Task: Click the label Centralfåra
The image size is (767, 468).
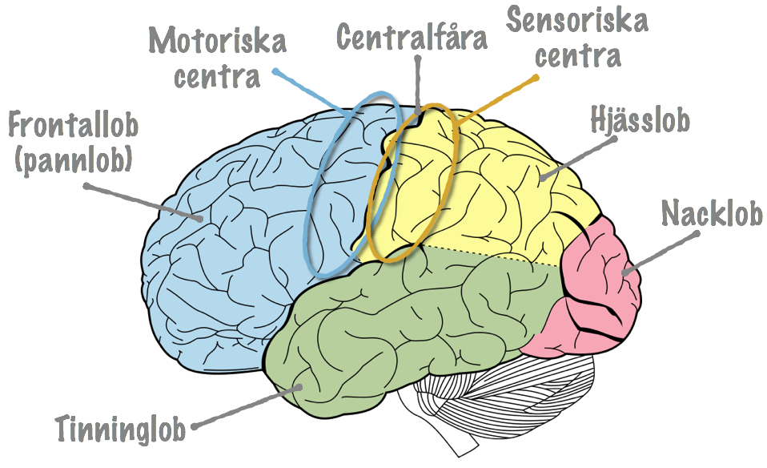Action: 412,36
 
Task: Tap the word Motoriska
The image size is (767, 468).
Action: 218,40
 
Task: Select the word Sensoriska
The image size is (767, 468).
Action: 577,20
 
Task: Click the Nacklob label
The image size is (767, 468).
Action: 712,213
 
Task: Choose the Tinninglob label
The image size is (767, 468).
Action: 121,430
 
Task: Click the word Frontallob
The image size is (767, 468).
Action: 74,124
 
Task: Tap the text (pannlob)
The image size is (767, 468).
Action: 74,159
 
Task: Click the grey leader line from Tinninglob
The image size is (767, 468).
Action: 247,407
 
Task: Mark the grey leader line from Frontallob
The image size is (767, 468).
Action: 143,203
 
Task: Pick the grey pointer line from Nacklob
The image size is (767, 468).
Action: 661,252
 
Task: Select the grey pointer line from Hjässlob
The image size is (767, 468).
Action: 577,159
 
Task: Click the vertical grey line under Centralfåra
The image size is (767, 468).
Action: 417,85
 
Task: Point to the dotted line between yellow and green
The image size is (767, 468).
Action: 491,256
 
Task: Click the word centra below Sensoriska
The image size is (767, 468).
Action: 578,55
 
